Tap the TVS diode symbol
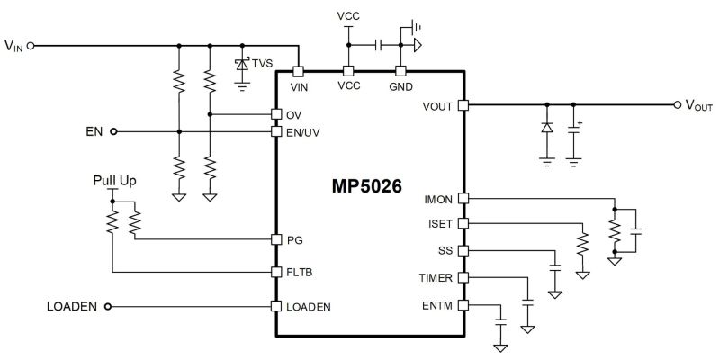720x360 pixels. (241, 65)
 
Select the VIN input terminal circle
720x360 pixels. (31, 45)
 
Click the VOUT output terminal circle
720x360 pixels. (677, 105)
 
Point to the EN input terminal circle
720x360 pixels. (113, 131)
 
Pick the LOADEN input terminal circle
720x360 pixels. (108, 306)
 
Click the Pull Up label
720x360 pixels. (115, 181)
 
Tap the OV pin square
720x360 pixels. (276, 114)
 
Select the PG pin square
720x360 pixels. (276, 239)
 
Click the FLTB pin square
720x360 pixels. (276, 271)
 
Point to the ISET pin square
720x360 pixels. (463, 222)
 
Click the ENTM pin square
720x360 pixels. (463, 306)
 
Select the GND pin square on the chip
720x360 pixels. (400, 71)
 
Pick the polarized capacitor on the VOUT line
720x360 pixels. (574, 130)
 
